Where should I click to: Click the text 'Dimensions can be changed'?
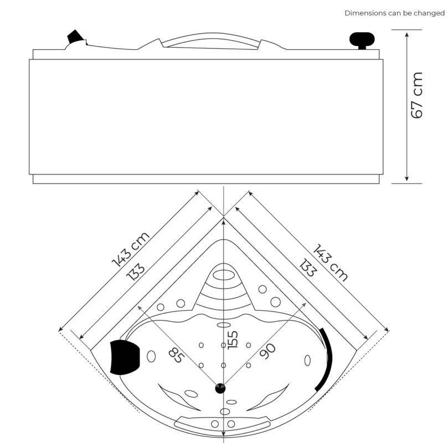click(394, 13)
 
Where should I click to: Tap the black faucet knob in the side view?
click(362, 39)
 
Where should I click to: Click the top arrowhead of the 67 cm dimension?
click(407, 34)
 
